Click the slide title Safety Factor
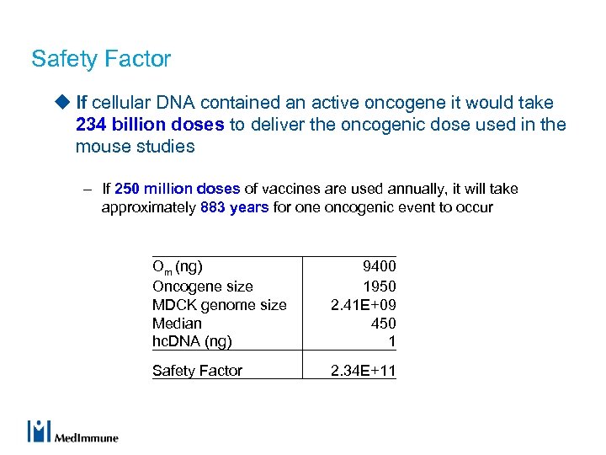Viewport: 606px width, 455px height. click(x=101, y=59)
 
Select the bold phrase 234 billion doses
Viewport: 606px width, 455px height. click(x=150, y=125)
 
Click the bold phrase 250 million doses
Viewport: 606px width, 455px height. click(x=177, y=189)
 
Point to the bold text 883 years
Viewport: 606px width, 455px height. click(x=235, y=207)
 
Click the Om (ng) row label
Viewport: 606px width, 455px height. click(x=177, y=267)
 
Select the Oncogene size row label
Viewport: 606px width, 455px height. click(x=202, y=286)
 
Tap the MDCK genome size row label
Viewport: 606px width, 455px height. click(x=219, y=305)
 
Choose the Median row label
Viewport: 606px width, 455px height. click(x=177, y=324)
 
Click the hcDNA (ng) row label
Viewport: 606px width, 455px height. click(x=192, y=342)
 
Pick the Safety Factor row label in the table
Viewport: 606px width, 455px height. click(x=197, y=371)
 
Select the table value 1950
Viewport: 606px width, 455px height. click(x=379, y=286)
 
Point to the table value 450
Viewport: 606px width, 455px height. click(x=383, y=324)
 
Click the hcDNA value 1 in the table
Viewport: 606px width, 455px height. click(x=391, y=342)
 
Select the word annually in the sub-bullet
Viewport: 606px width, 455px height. click(x=410, y=189)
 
